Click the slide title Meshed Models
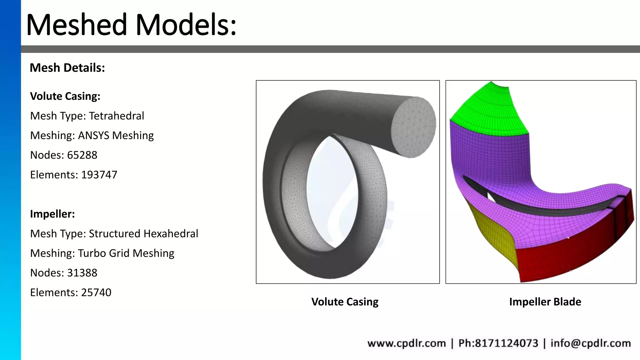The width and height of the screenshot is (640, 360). point(131,25)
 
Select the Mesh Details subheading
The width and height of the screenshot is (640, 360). point(67,68)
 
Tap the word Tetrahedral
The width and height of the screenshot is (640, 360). point(116,116)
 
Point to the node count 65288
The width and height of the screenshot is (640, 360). point(82,155)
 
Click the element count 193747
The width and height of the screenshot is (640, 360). point(99,175)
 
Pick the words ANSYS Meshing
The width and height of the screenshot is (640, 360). point(116,136)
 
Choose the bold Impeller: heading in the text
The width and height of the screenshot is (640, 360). point(52,214)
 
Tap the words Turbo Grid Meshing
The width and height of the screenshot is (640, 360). point(126,253)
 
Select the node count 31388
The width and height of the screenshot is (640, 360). point(82,273)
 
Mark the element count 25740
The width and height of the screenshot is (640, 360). point(96,292)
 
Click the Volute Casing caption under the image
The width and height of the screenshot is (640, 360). point(345,302)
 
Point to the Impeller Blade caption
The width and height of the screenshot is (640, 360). point(545,302)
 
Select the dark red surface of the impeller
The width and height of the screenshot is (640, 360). point(562,259)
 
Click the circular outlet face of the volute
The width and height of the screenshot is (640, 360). point(414,127)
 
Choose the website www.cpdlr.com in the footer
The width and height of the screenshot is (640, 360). point(406,343)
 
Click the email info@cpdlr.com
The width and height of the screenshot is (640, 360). point(590,343)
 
